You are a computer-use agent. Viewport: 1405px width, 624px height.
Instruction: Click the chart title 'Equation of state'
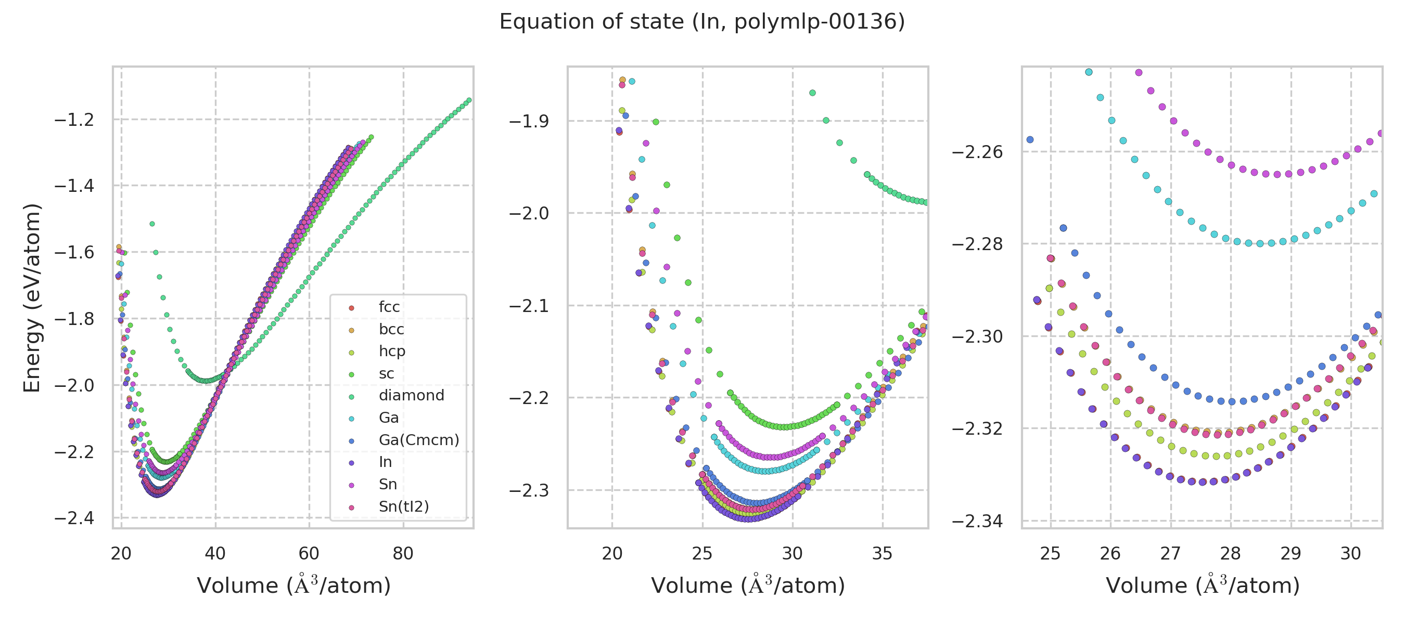click(702, 22)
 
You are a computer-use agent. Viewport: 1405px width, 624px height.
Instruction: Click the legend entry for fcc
click(389, 307)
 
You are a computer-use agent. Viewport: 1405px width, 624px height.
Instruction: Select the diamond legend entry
click(411, 395)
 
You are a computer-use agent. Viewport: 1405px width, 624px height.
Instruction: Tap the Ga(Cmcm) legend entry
click(419, 440)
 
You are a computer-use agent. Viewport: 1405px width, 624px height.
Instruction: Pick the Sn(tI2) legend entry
click(404, 506)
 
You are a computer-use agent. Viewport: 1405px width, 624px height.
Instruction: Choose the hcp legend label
click(392, 351)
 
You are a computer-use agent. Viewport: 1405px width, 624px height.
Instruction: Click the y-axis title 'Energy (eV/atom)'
click(32, 297)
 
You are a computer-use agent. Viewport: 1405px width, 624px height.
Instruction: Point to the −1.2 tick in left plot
click(74, 120)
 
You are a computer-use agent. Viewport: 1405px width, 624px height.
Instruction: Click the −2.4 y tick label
click(74, 518)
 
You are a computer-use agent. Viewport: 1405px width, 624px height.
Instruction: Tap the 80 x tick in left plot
click(403, 554)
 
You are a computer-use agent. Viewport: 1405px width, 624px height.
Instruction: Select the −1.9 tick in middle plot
click(529, 121)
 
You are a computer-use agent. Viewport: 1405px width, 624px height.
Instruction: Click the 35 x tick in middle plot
click(882, 554)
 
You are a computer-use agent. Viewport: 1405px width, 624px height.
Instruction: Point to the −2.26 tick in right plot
click(977, 151)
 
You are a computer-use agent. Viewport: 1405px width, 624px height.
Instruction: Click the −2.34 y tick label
click(977, 521)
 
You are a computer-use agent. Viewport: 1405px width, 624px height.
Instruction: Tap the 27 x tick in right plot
click(1170, 554)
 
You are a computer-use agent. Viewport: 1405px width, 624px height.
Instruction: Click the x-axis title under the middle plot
click(748, 586)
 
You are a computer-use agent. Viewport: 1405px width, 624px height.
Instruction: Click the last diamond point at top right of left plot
click(469, 100)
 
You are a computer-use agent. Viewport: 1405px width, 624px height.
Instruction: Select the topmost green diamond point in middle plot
click(812, 93)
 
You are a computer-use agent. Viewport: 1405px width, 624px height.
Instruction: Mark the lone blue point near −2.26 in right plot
click(1030, 139)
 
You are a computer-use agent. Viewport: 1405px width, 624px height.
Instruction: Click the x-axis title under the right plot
click(1203, 586)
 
